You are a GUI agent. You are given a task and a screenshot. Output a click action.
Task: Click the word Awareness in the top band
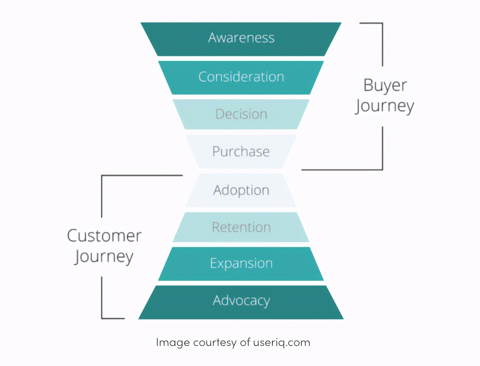coord(241,38)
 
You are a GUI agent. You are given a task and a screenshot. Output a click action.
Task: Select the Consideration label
coord(241,77)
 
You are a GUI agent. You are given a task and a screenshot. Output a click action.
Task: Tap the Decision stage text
coord(241,114)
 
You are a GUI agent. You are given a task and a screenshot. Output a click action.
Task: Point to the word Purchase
coord(241,151)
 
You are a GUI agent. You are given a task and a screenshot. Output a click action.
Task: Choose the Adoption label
coord(241,190)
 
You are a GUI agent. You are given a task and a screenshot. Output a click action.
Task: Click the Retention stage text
coord(241,227)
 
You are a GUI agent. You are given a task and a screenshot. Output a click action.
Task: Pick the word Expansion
coord(241,263)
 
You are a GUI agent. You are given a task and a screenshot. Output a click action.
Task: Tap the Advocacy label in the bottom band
coord(241,301)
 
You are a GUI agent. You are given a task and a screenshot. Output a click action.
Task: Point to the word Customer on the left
coord(104,236)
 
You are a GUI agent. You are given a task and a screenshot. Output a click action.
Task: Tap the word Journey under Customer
coord(104,257)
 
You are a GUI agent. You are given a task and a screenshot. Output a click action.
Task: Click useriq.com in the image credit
coord(282,343)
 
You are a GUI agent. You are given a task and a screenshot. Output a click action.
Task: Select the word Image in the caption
coord(173,343)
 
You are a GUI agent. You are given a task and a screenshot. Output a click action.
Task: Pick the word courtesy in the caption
coord(215,343)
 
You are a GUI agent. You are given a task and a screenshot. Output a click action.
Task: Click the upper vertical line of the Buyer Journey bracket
coord(383,45)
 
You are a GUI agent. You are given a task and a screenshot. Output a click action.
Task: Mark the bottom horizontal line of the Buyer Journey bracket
coord(342,170)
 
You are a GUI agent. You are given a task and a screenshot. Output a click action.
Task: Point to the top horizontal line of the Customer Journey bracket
coord(142,175)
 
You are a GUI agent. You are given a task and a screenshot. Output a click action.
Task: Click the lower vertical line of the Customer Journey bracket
coord(102,297)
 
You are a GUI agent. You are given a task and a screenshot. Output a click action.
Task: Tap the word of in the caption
coord(245,342)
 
